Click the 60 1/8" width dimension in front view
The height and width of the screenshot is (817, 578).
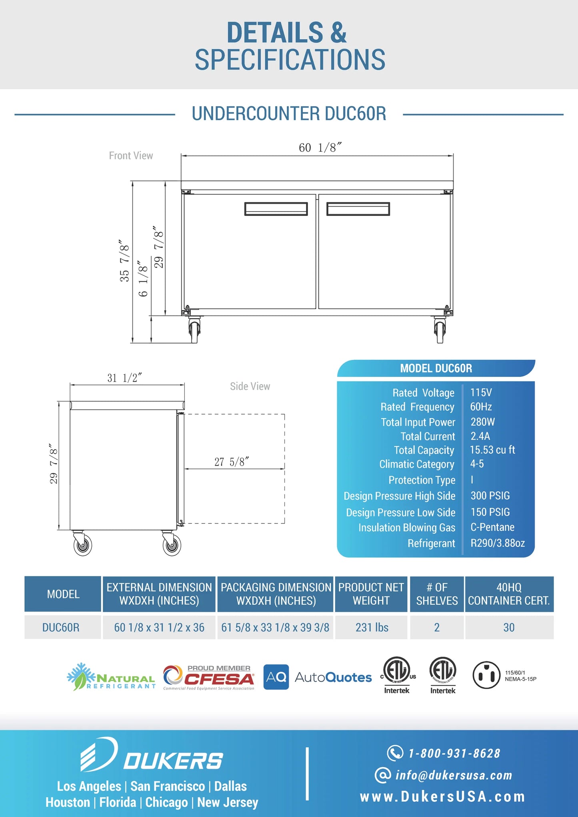(x=320, y=147)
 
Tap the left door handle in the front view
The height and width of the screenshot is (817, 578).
(x=276, y=209)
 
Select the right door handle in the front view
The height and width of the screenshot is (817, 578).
(x=358, y=209)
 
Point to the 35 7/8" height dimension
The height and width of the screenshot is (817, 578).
(x=124, y=261)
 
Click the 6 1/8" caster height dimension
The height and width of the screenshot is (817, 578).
(x=143, y=279)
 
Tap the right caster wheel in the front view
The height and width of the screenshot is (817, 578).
(x=440, y=331)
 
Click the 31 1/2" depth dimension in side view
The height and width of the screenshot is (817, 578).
(x=124, y=378)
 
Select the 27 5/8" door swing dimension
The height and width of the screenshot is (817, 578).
(x=232, y=462)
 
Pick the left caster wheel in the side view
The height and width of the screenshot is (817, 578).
(x=83, y=544)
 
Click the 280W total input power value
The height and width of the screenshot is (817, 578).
(x=482, y=422)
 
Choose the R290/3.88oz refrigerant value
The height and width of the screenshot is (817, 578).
(x=497, y=543)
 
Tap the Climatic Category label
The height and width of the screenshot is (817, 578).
(x=416, y=464)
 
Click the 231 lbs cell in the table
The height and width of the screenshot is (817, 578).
(x=372, y=627)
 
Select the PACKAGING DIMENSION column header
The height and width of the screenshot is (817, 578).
(x=276, y=594)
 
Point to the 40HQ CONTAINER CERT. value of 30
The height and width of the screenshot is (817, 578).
(x=509, y=627)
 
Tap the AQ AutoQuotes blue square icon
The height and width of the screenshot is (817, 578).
(x=276, y=677)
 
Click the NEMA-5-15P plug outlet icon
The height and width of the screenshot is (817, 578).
(x=486, y=675)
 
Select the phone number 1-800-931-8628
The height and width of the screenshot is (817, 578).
(x=454, y=753)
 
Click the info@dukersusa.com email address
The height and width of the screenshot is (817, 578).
(x=454, y=775)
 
